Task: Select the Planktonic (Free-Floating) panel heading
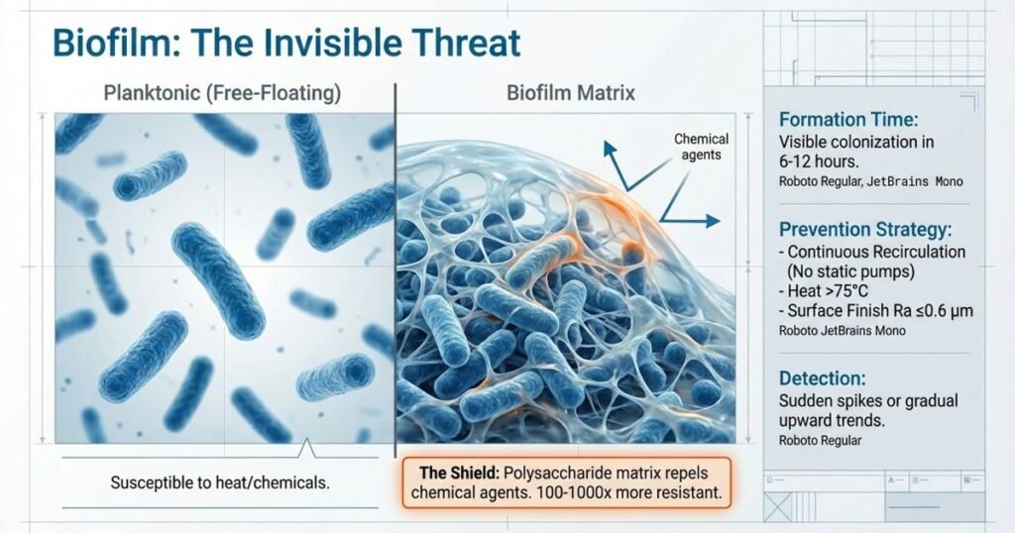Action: [222, 95]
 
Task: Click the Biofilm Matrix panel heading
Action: [571, 95]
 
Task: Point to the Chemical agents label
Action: [701, 147]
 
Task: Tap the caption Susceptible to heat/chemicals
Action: [219, 484]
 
